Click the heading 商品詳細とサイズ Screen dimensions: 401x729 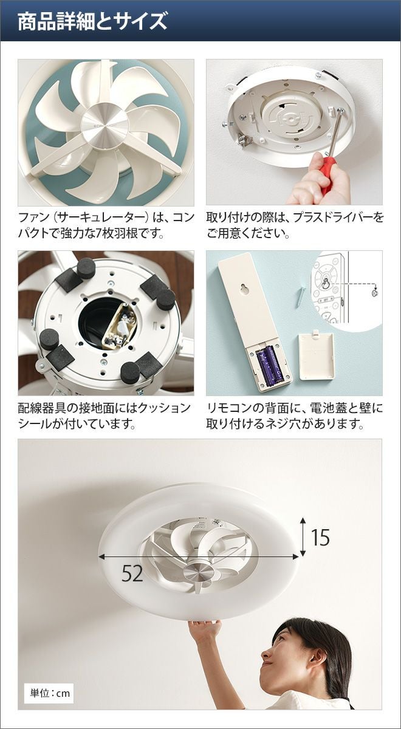(92, 21)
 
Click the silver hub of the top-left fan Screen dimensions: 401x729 (105, 126)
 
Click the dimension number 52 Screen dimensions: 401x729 (132, 573)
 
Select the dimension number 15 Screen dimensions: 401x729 (321, 537)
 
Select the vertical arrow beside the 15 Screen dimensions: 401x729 (303, 536)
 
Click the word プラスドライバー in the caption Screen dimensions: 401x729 (331, 217)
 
